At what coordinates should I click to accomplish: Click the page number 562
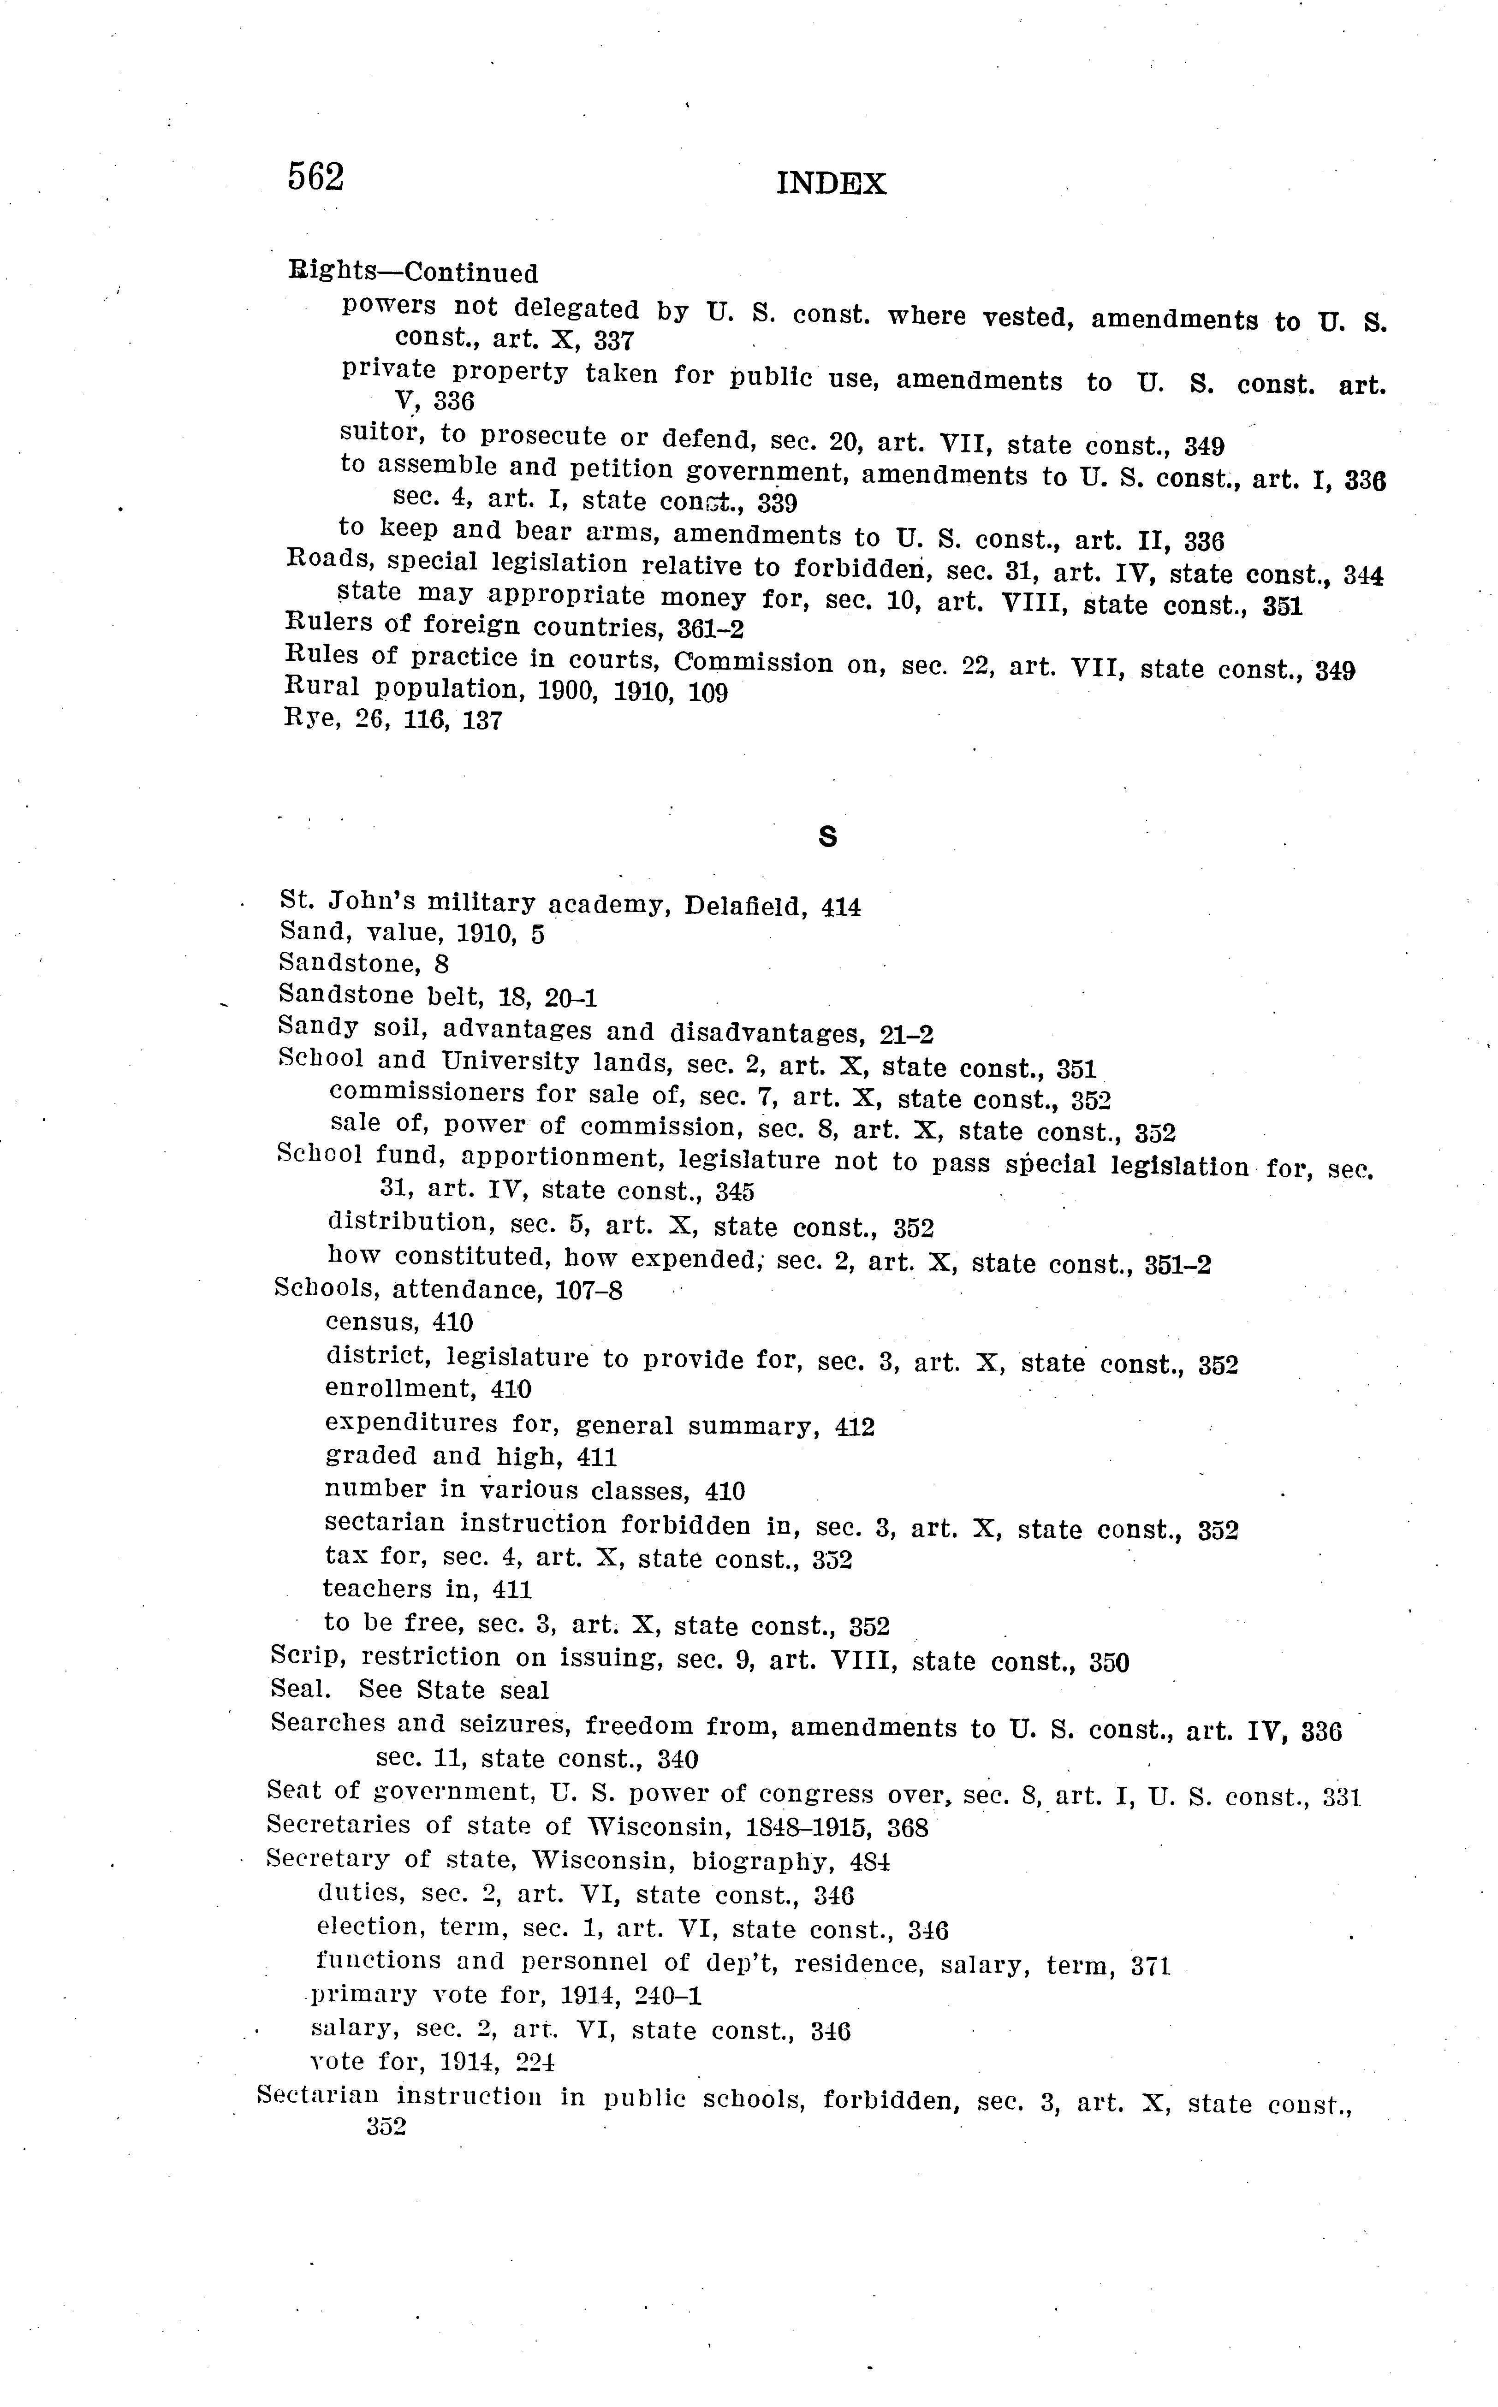pos(315,178)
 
